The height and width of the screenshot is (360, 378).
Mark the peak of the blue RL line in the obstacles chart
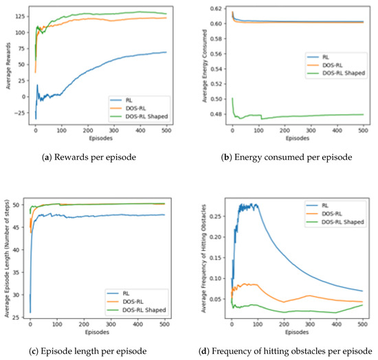pos(247,203)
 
